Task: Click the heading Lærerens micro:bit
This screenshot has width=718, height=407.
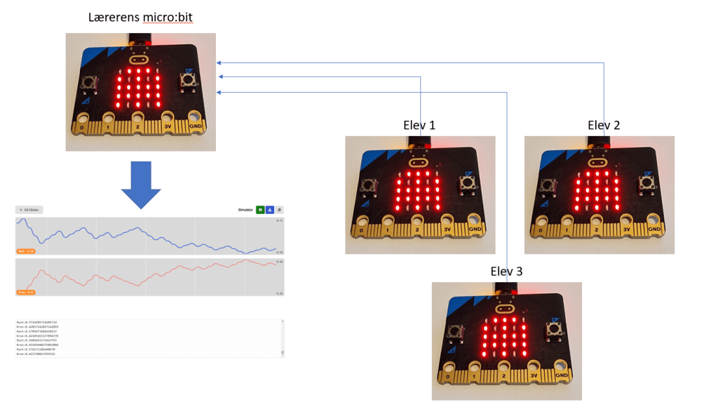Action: tap(140, 17)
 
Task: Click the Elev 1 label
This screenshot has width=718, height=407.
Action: tap(419, 126)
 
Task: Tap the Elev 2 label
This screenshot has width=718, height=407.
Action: tap(604, 126)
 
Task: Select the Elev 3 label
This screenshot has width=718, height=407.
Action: tap(506, 272)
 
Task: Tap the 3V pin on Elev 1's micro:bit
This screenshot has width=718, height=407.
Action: tap(447, 227)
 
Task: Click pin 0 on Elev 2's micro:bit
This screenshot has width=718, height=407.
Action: tap(541, 227)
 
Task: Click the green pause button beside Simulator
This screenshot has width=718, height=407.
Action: tap(260, 209)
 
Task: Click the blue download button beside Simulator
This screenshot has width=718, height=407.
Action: tap(269, 209)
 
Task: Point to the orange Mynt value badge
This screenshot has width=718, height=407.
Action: tap(26, 251)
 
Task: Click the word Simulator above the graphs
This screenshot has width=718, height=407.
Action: tap(245, 209)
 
